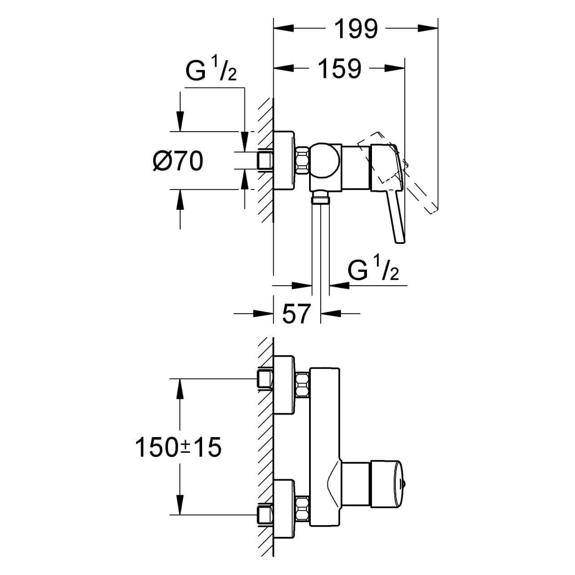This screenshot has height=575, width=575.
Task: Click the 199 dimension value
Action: click(x=357, y=29)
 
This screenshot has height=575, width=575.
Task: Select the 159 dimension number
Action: click(x=340, y=69)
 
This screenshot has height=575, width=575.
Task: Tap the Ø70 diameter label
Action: click(x=177, y=161)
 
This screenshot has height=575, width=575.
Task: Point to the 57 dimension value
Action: click(x=296, y=313)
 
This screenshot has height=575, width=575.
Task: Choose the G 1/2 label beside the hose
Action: click(x=373, y=271)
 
